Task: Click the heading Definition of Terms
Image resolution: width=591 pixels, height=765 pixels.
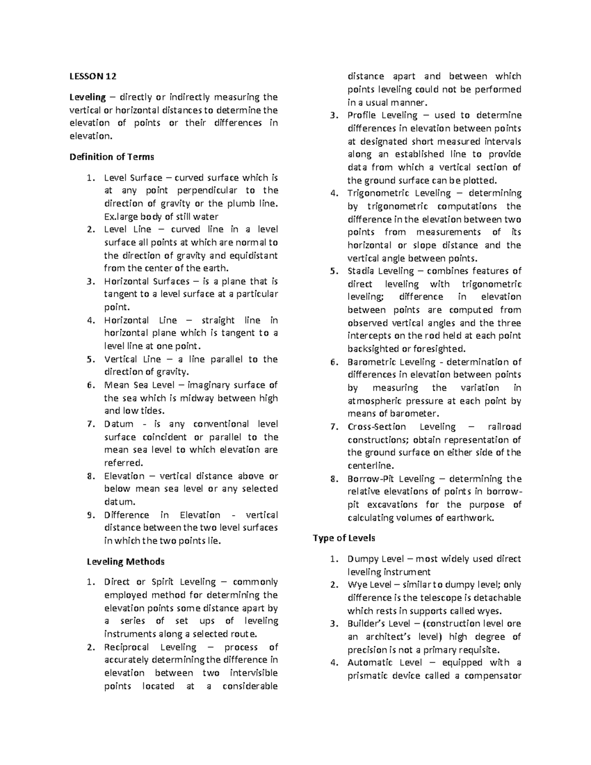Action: click(x=112, y=157)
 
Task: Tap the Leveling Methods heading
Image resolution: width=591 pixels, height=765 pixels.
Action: click(x=126, y=562)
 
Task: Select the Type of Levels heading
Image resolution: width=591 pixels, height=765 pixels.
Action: click(x=344, y=538)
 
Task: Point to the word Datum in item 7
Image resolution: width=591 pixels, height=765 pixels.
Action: click(x=119, y=424)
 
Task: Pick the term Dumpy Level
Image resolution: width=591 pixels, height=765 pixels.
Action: click(x=376, y=559)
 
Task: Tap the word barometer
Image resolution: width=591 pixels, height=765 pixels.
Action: click(x=416, y=414)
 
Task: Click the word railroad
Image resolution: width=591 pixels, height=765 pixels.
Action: click(x=504, y=427)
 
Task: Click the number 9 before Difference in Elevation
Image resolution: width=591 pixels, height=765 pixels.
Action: click(x=90, y=515)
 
